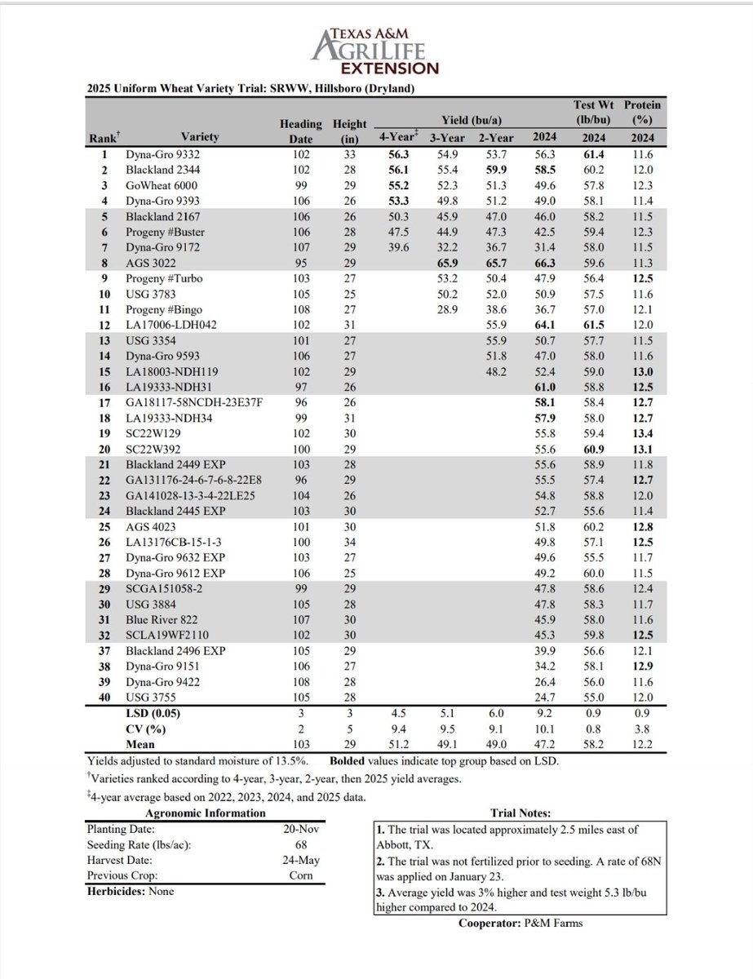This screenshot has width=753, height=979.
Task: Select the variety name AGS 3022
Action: [148, 264]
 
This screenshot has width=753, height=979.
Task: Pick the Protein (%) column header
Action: [642, 113]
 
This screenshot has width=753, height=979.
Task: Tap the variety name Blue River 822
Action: [162, 620]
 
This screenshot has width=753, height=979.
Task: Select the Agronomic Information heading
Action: [204, 813]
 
